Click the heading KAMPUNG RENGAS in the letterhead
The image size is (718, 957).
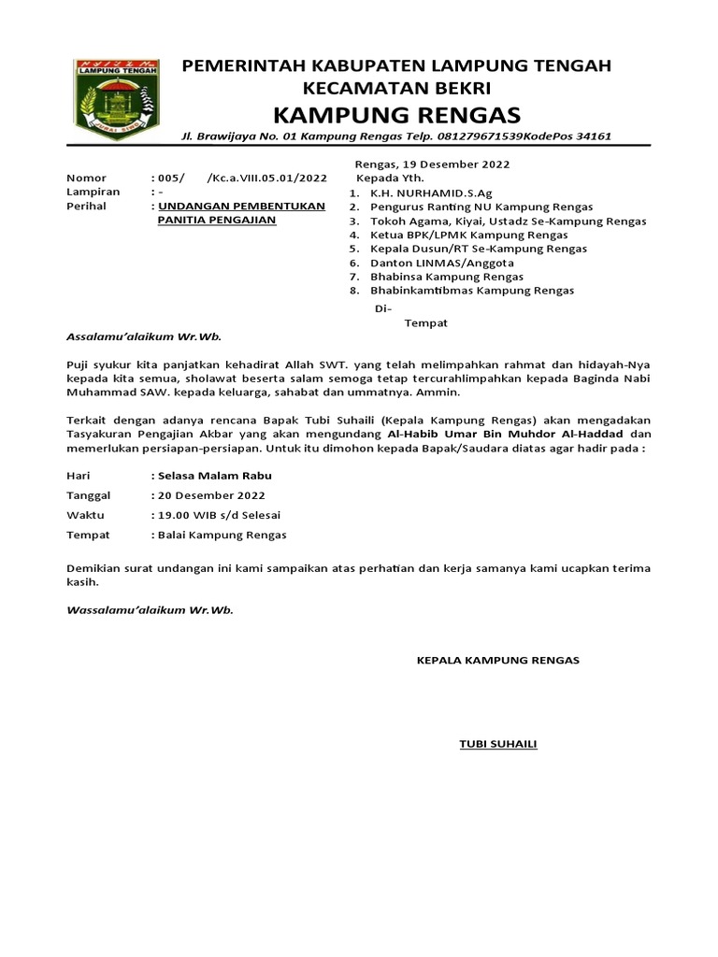click(396, 115)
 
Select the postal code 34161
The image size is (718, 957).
click(593, 136)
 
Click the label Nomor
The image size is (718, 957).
click(86, 178)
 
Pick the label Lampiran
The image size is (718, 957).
click(89, 192)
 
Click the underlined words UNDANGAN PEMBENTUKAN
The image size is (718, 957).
click(241, 206)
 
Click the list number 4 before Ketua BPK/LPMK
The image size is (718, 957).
click(354, 235)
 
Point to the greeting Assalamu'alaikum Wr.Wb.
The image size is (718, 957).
click(144, 337)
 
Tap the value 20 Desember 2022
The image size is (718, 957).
click(211, 495)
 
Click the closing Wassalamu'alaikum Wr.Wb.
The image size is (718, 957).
click(150, 609)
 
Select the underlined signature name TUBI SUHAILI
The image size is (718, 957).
click(497, 744)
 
